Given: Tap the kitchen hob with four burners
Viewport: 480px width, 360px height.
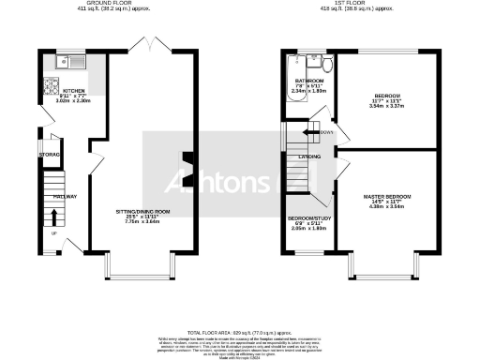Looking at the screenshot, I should tap(50, 90).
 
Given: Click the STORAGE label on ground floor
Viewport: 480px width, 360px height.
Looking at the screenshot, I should tap(50, 154).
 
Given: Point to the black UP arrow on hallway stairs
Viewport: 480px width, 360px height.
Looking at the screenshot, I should tap(52, 217).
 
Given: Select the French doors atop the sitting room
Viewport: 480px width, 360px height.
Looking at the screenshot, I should tap(143, 47).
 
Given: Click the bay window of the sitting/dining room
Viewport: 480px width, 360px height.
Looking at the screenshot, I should tap(143, 273).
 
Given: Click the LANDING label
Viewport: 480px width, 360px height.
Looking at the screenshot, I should tap(309, 157).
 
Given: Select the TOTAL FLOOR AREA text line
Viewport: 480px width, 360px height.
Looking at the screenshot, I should tap(240, 333).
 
